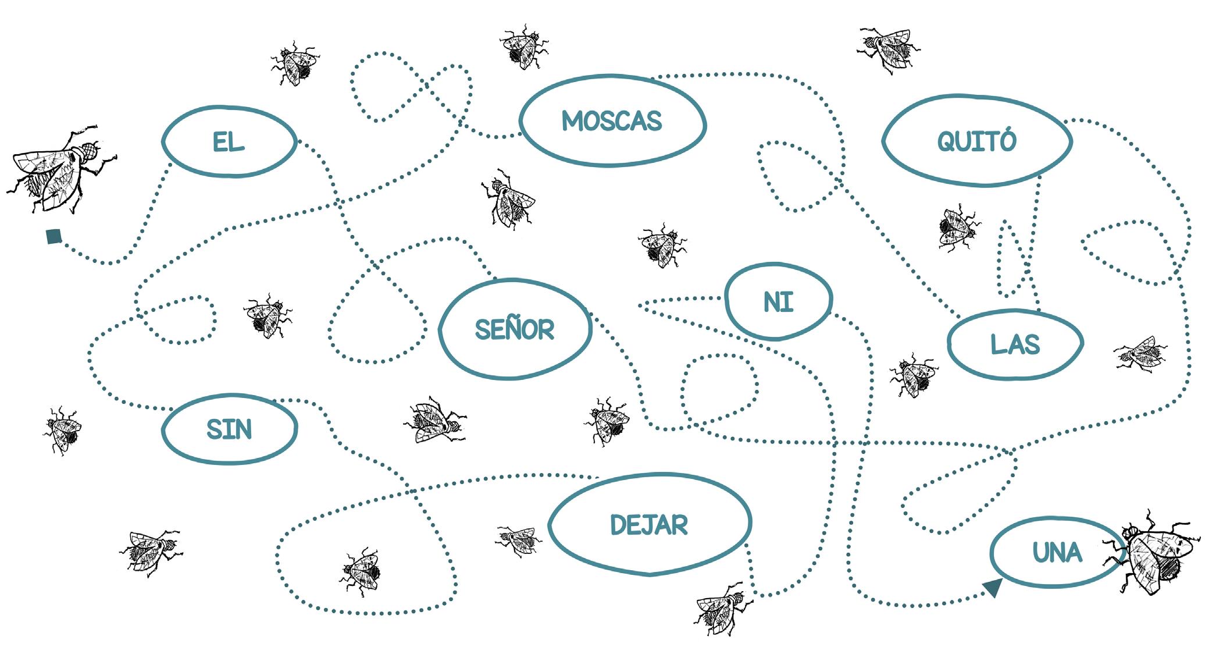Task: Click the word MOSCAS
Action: click(x=612, y=121)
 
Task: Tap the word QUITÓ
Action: click(x=976, y=141)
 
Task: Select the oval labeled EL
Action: click(x=229, y=142)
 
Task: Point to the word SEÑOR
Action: click(x=515, y=330)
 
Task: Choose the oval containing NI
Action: click(x=778, y=302)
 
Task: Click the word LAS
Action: click(x=1015, y=344)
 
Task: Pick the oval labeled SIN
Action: click(x=229, y=429)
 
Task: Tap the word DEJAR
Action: click(x=649, y=525)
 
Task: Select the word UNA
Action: click(x=1057, y=552)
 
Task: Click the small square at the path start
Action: click(x=54, y=236)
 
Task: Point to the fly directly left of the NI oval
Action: click(x=663, y=244)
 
